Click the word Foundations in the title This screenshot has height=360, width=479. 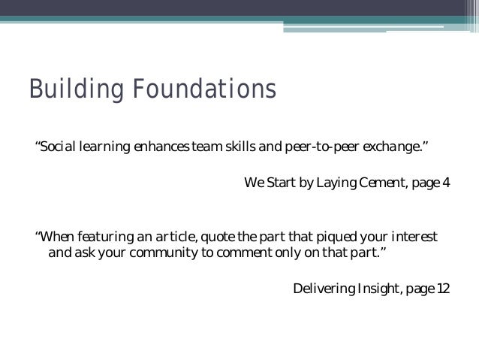(197, 91)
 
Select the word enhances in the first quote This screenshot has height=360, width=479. (161, 145)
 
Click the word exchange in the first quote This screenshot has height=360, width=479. (394, 145)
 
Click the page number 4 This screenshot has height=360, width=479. (446, 183)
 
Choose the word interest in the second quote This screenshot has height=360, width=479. (414, 237)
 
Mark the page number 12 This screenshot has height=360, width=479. (444, 289)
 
